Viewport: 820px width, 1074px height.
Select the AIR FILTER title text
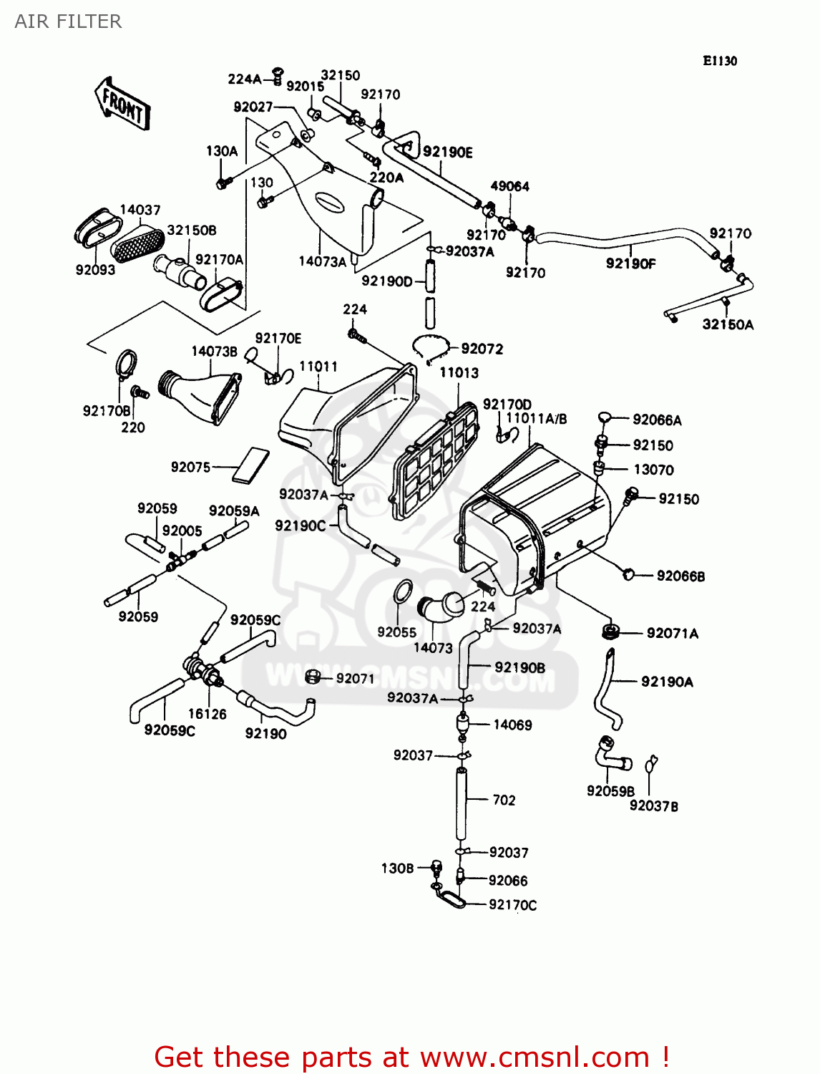(x=68, y=21)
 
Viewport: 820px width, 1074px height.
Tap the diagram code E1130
(x=719, y=61)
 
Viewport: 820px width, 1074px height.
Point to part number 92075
(x=190, y=467)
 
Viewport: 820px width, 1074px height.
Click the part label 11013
(x=459, y=372)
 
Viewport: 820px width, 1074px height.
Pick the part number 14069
(x=512, y=725)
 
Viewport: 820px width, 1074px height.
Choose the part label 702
(x=504, y=800)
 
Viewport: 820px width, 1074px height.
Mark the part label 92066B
(x=680, y=576)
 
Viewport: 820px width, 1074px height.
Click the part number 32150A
(x=728, y=324)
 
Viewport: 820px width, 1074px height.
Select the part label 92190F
(x=630, y=263)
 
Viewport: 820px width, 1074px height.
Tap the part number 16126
(x=207, y=714)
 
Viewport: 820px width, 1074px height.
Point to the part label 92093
(x=95, y=270)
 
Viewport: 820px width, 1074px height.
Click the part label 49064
(x=509, y=186)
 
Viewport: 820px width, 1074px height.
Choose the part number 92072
(x=482, y=349)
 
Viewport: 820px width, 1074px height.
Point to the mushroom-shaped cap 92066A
(x=605, y=417)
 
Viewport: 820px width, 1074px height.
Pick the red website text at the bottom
(x=411, y=1057)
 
